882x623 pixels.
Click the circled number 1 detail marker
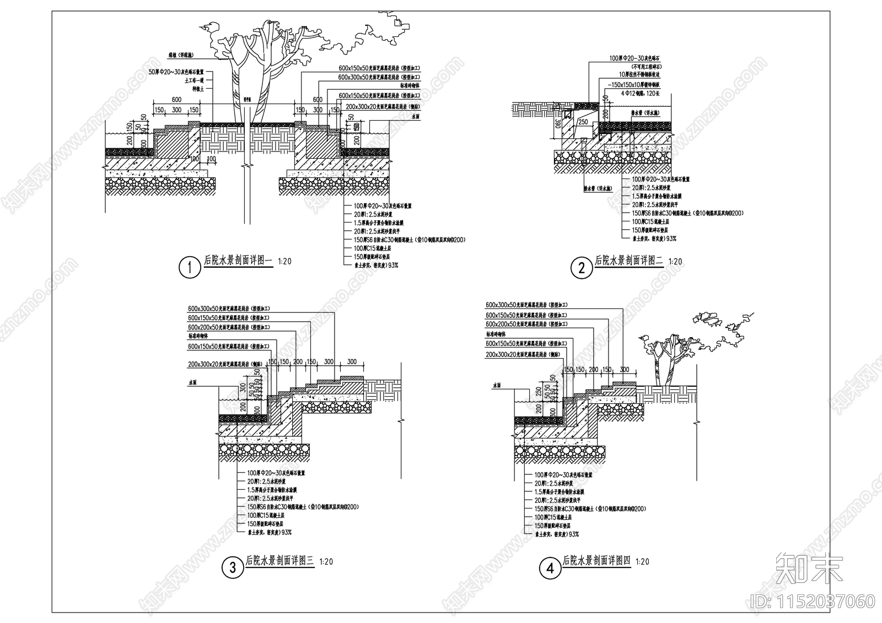coord(190,268)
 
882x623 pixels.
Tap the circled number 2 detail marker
coord(581,268)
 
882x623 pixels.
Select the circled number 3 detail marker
coord(233,567)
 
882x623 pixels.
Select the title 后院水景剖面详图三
coord(279,561)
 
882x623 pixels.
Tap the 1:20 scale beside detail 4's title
coord(642,562)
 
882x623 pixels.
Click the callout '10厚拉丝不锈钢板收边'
coord(637,74)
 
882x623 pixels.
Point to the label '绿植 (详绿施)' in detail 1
coord(180,56)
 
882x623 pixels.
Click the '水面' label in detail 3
coord(192,381)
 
